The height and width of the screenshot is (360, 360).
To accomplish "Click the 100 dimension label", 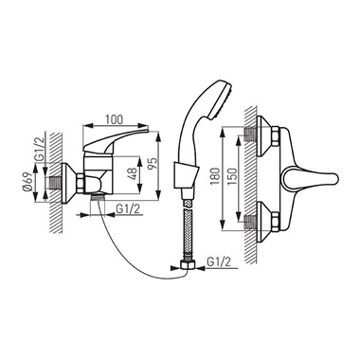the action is click(x=114, y=119).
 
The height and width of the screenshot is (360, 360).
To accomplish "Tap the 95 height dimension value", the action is click(x=153, y=164).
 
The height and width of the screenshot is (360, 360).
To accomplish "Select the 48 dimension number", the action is click(x=133, y=173).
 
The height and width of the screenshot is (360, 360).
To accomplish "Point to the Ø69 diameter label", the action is click(x=27, y=183).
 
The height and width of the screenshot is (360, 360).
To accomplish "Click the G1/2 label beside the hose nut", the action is click(x=219, y=262).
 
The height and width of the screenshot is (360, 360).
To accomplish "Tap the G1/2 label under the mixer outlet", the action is click(x=128, y=208).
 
